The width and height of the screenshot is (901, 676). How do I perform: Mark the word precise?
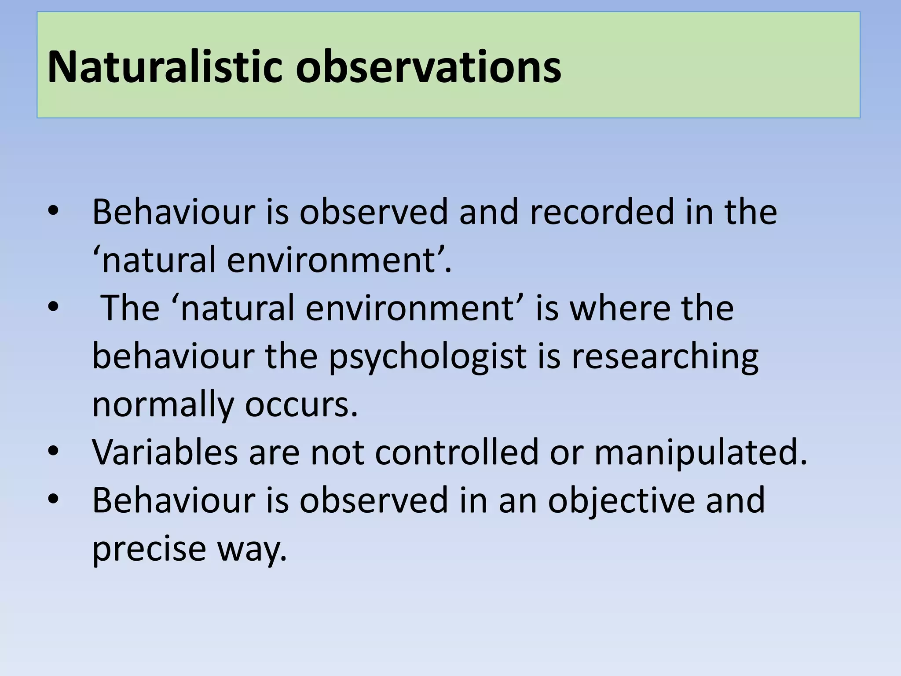point(149,549)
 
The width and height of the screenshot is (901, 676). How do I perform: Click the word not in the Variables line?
point(337,452)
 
